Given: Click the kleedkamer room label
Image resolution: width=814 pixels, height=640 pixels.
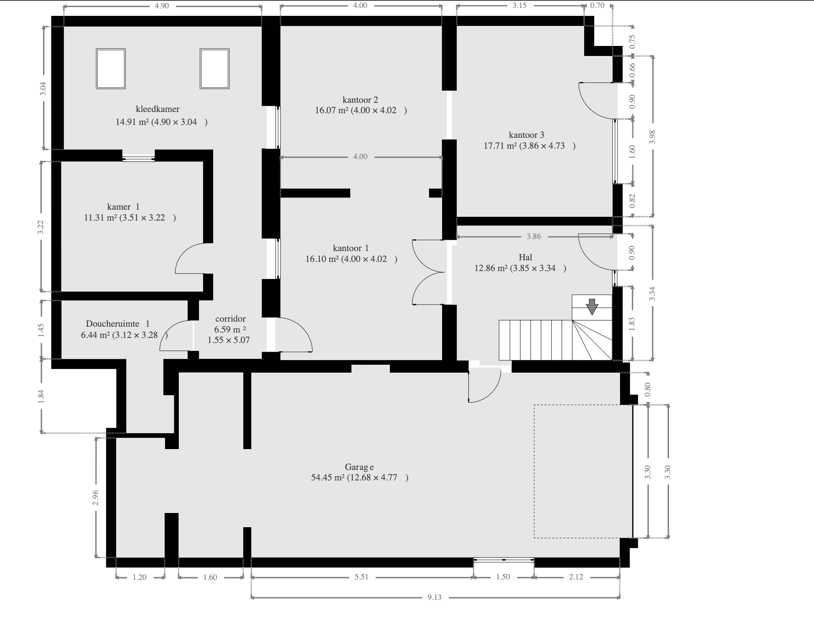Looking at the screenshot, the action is pos(158,109).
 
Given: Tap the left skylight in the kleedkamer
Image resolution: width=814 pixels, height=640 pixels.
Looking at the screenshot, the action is pos(111,69).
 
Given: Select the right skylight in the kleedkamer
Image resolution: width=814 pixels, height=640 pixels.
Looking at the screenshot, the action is pos(214,69).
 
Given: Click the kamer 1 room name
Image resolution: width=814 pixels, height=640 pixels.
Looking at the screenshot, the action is pos(123,207).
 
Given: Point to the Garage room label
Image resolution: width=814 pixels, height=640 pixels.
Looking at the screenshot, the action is pos(359,467).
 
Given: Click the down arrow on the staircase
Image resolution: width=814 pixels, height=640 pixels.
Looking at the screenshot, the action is pos(592,307).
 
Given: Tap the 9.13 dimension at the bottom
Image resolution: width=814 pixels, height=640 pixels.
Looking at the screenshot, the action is pos(435,597).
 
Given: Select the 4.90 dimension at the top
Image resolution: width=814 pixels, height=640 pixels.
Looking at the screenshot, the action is pos(162,6).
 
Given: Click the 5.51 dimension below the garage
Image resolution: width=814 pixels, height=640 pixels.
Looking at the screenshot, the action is pos(361,577).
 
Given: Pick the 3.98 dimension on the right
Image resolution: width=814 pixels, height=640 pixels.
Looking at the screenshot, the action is pos(653,137).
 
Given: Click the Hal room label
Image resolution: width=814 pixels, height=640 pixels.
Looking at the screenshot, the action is pos(525,257).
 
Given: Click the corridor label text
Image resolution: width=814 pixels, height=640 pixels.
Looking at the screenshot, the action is pos(230,319).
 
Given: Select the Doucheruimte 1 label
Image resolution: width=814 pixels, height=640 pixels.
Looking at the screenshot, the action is pos(117,324).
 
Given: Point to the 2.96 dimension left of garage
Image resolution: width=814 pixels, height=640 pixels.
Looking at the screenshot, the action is pos(96,498).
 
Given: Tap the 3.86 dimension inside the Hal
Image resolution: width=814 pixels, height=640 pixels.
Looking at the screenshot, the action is pos(534,236).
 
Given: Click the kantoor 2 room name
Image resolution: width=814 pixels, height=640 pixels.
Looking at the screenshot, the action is pos(360,100).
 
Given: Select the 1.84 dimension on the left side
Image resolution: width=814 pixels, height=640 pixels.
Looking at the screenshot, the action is pos(41,396).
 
